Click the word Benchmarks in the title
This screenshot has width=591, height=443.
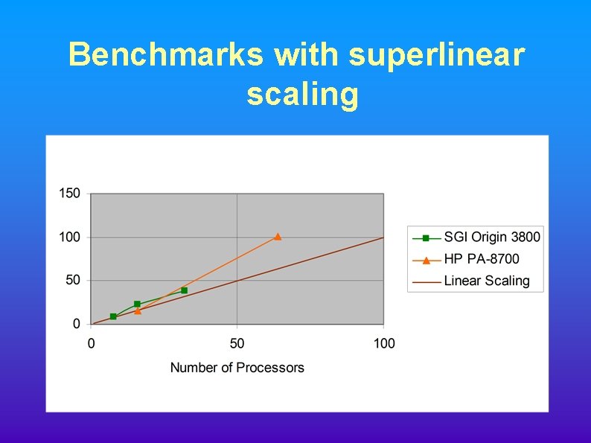pos(165,55)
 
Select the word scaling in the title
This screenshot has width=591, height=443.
pos(302,95)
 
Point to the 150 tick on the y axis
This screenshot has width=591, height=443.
pos(70,194)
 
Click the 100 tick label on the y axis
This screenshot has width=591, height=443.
pos(70,238)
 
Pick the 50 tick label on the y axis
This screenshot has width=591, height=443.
pos(73,281)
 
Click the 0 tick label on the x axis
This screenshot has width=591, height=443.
pos(91,343)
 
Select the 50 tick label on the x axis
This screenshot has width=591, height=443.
pos(237,343)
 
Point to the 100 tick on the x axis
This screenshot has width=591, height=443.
pos(384,343)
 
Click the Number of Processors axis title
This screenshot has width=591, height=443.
pos(237,367)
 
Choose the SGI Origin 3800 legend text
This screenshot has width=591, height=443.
pos(492,238)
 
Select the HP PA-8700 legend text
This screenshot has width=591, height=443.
pos(482,259)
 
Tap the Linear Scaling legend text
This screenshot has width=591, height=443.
pos(487,281)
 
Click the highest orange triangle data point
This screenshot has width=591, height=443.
pos(278,237)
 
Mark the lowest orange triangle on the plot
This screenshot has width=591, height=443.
pos(138,310)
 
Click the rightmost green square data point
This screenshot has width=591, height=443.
pos(185,290)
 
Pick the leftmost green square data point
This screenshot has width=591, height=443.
pos(113,316)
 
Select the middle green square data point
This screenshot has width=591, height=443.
pos(137,304)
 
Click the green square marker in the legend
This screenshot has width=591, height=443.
pos(426,238)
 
